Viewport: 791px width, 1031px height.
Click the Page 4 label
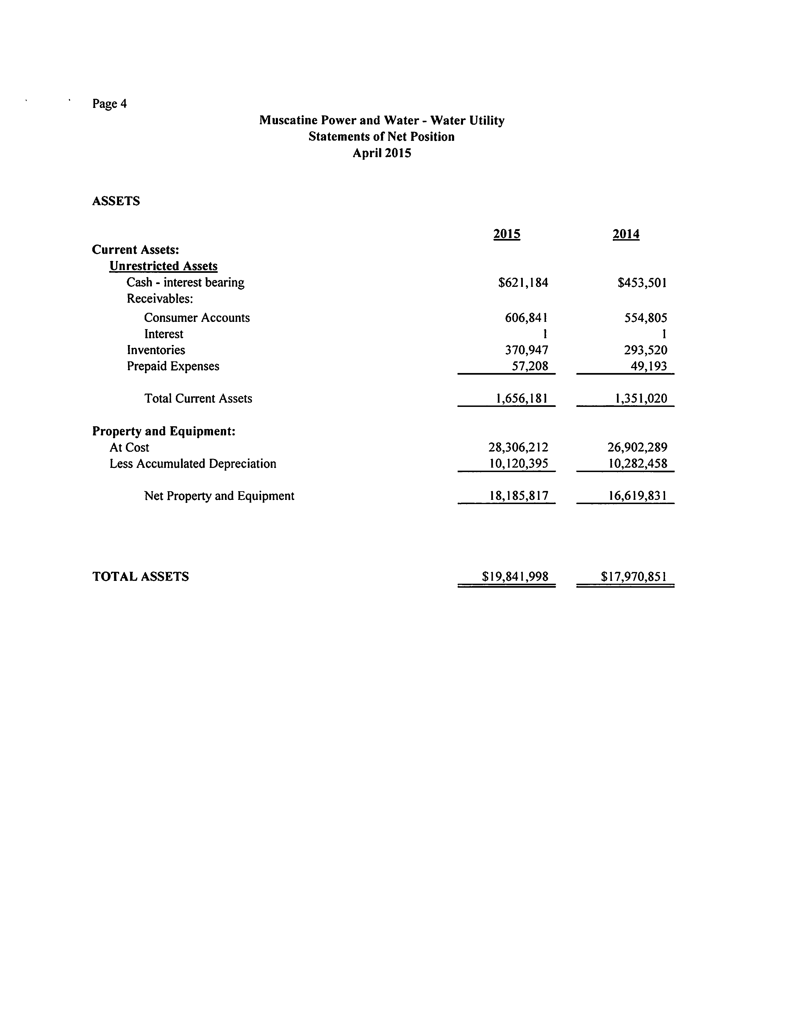109,103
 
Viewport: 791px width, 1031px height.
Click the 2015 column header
507,234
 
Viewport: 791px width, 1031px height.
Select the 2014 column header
626,234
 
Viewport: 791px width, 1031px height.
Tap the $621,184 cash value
523,282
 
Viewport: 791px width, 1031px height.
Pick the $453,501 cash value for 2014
642,282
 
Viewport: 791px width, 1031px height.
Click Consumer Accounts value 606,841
526,318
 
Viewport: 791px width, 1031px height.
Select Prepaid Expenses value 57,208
530,366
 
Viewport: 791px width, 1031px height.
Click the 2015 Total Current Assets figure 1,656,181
522,398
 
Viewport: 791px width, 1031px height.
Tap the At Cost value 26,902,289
637,447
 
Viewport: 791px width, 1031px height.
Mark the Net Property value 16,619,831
637,496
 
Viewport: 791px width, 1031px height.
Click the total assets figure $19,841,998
515,576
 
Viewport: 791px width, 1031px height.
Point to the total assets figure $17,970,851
634,576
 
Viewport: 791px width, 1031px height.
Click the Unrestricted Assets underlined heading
163,266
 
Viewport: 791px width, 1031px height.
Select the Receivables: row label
160,299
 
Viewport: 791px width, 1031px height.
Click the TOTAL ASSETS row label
140,576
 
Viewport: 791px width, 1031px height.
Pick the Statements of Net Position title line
381,137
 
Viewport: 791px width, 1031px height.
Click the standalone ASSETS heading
116,201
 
